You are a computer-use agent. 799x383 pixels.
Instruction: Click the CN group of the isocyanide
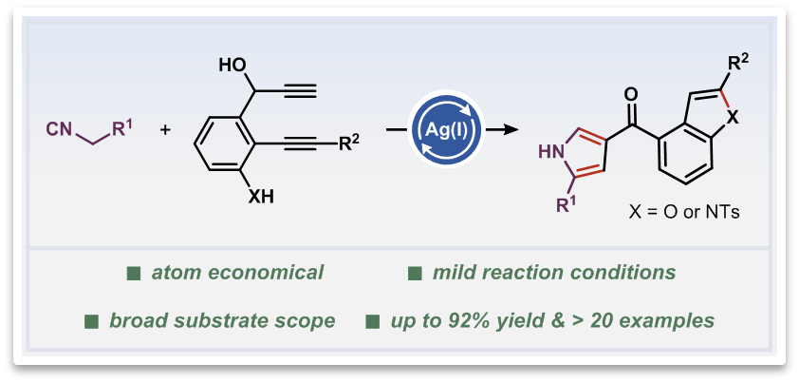tap(58, 126)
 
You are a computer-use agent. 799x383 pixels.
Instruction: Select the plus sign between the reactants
tap(165, 126)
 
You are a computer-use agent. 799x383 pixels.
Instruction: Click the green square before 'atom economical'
tap(134, 274)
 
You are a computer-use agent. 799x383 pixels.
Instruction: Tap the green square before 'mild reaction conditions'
tap(415, 274)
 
